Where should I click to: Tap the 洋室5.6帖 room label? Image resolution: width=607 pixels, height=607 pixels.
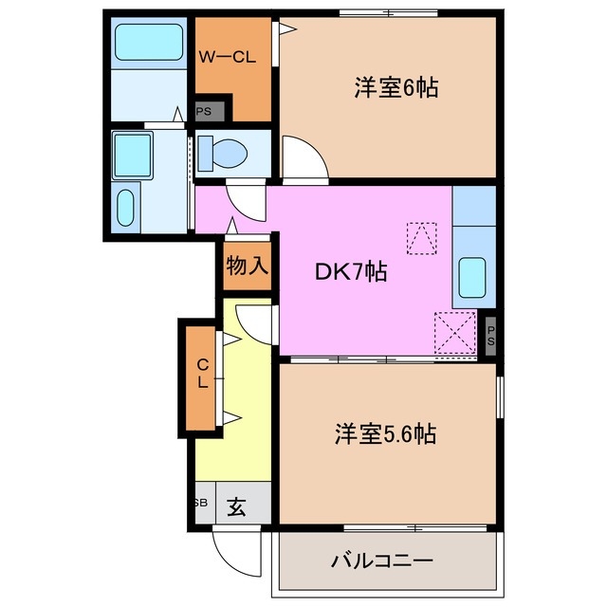(384, 435)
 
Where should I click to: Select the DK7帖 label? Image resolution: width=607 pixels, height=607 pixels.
(350, 272)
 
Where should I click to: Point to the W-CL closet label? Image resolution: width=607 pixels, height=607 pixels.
(227, 57)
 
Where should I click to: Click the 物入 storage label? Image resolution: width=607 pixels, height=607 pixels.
(247, 266)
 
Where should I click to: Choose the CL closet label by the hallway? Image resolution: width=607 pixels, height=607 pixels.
(202, 374)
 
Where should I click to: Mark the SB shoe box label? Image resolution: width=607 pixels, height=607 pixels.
(201, 503)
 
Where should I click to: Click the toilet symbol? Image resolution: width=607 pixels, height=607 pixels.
(224, 152)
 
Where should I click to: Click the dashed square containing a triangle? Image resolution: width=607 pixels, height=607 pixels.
(422, 238)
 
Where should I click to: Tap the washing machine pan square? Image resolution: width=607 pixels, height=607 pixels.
(134, 153)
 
